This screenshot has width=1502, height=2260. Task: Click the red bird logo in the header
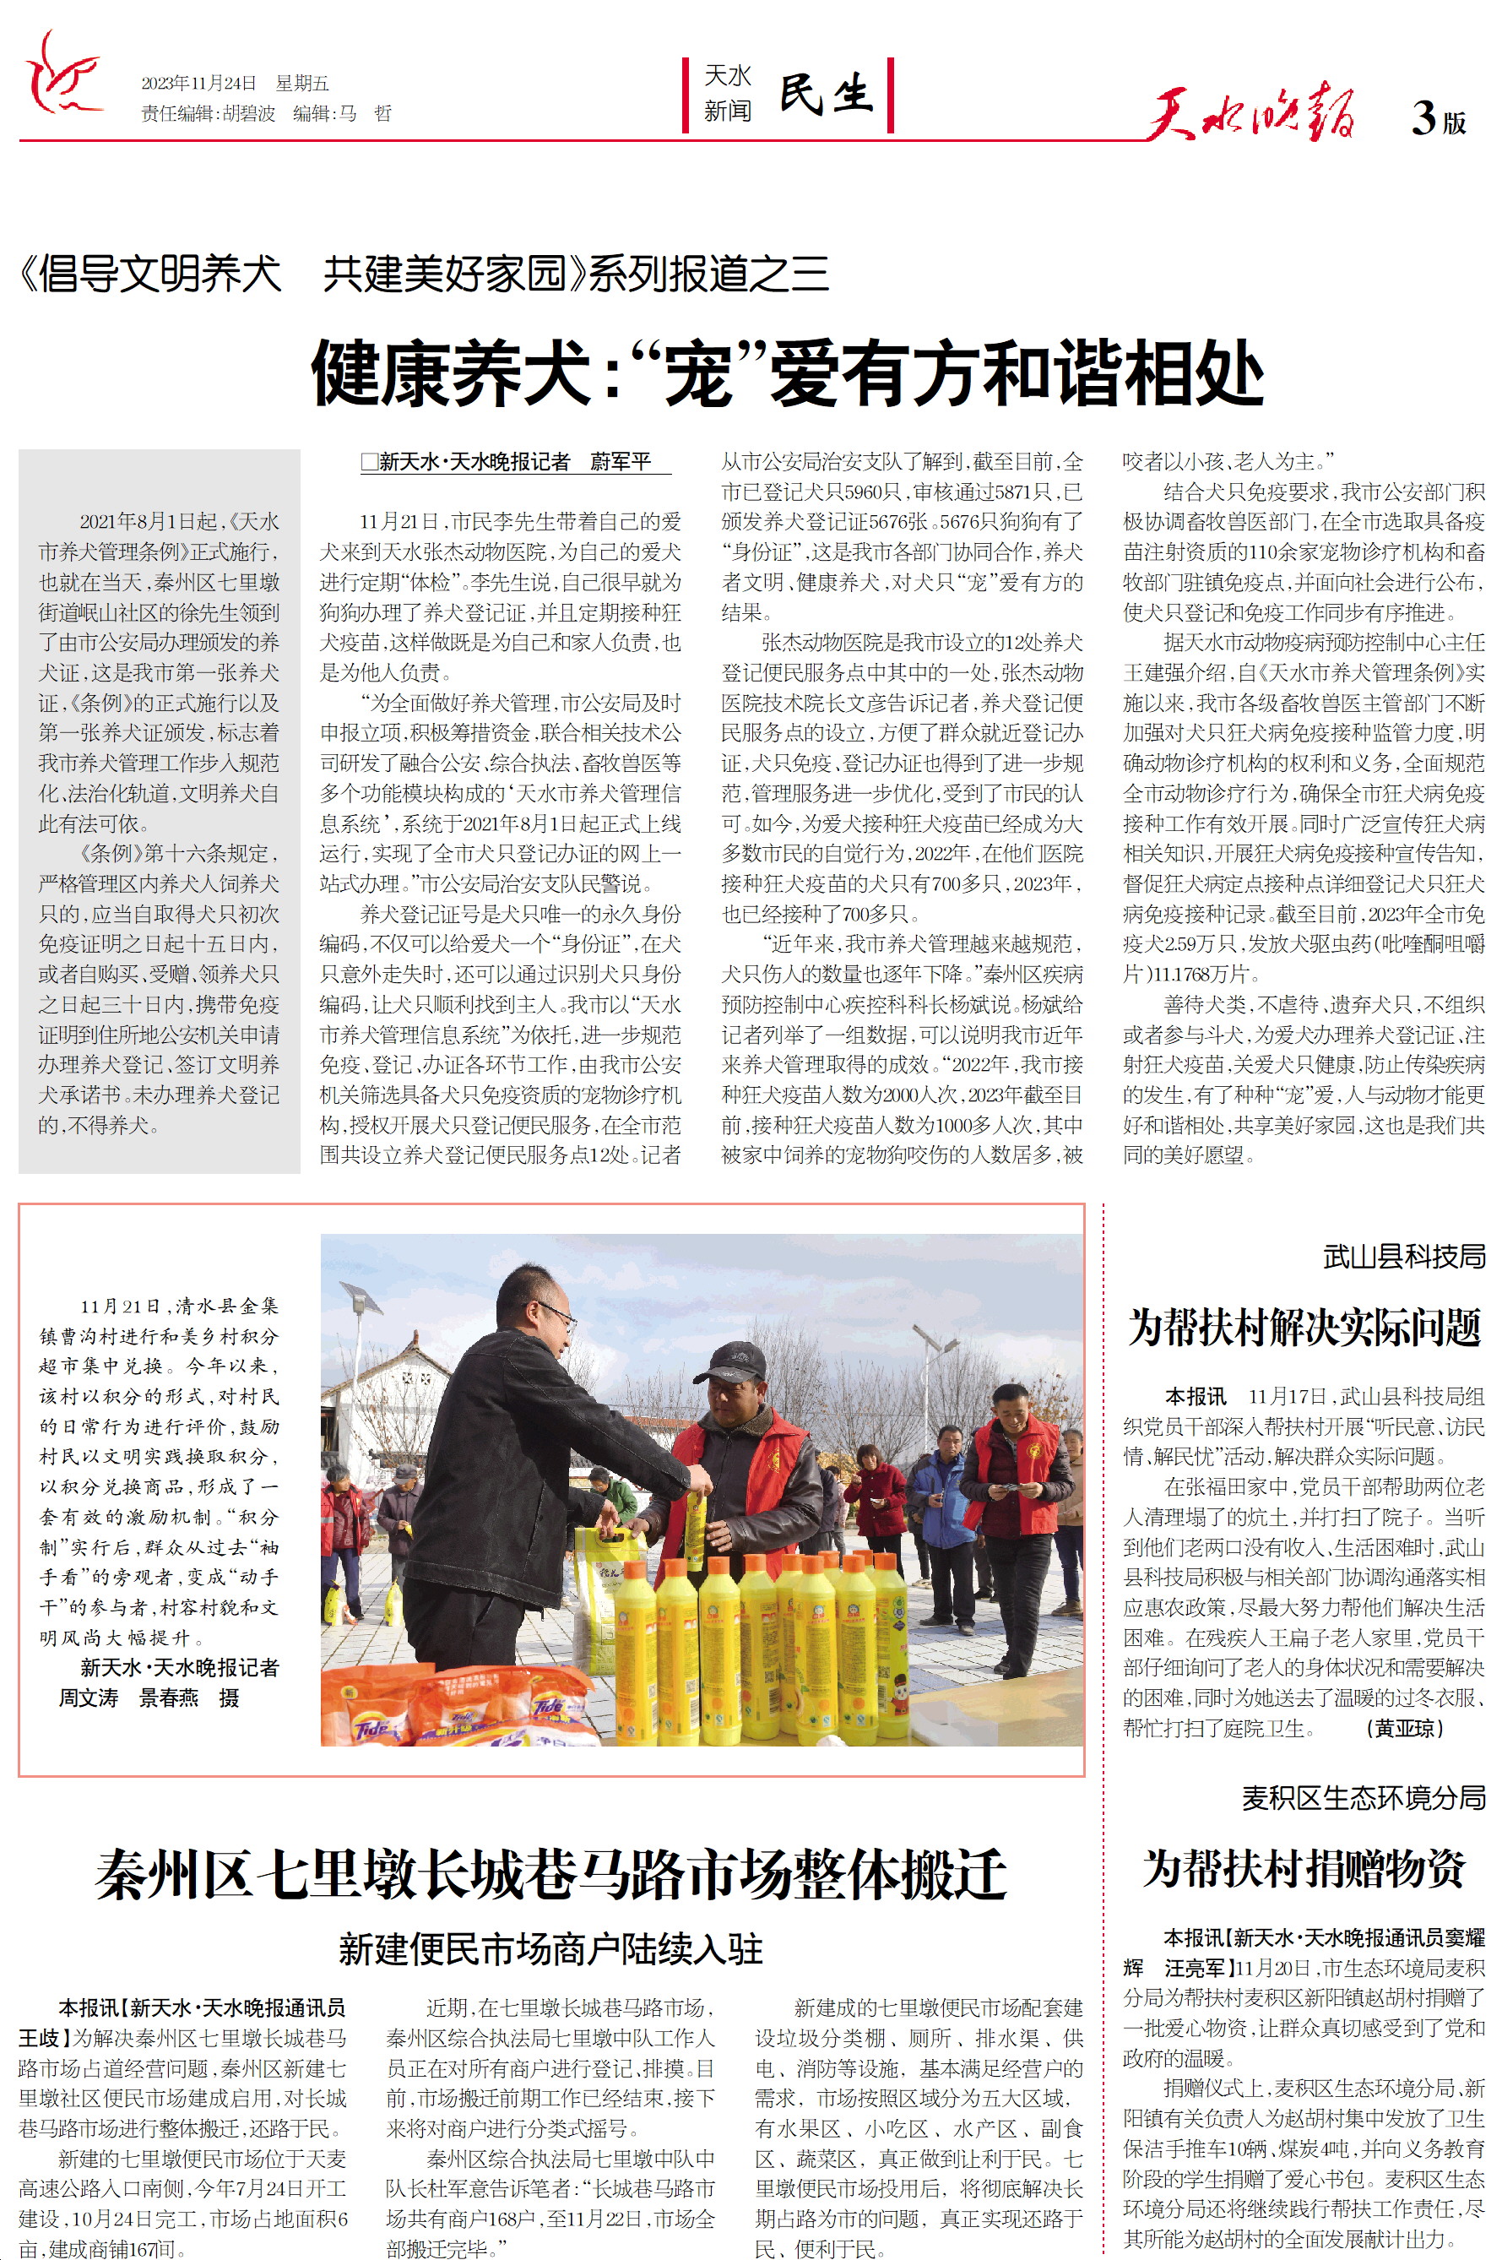tap(62, 74)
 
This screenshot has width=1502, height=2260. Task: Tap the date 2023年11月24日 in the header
tap(198, 84)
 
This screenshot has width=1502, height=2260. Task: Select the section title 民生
tap(826, 94)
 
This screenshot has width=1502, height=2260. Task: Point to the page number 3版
tap(1438, 119)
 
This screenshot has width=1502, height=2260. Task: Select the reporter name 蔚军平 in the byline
tap(620, 462)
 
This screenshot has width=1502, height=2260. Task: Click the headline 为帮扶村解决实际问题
tap(1304, 1328)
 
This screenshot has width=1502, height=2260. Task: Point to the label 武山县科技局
tap(1403, 1256)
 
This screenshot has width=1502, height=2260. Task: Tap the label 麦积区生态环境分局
tap(1363, 1797)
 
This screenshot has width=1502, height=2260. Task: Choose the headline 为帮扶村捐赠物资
tap(1304, 1868)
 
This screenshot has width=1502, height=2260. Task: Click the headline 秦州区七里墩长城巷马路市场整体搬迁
tap(550, 1875)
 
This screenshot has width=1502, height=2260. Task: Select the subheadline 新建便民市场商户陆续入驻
tap(550, 1948)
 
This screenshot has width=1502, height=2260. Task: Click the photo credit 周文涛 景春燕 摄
tap(149, 1698)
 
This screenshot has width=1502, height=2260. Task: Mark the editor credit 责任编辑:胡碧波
tap(208, 113)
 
